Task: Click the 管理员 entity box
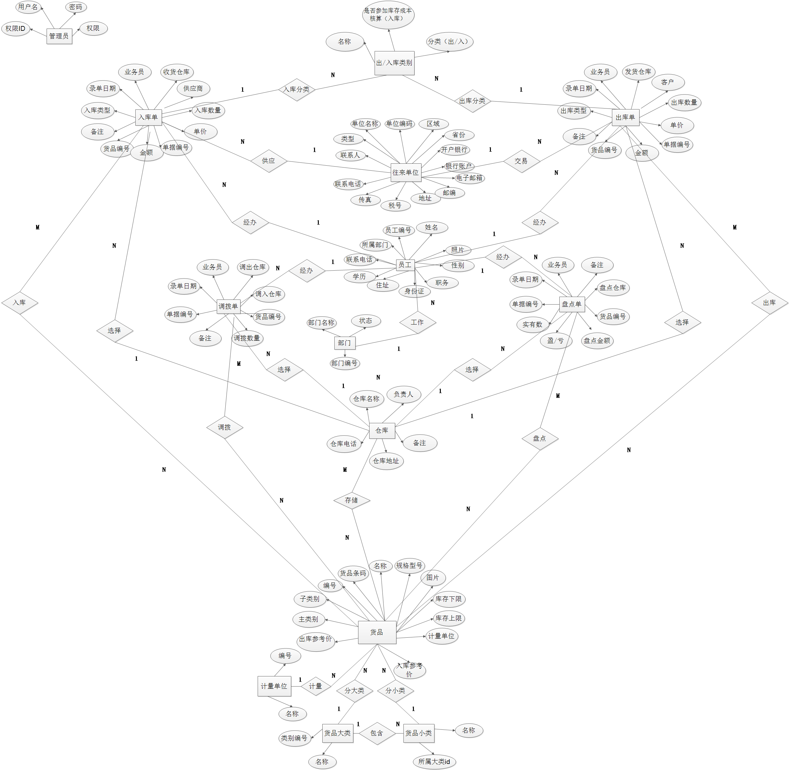59,36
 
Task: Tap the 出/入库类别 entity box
394,63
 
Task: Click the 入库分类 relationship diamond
297,89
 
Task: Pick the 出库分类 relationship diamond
472,101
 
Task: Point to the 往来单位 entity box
406,172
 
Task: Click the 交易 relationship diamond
521,161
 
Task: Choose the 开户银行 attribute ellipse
454,150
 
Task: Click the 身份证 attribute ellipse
414,291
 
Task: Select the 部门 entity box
344,343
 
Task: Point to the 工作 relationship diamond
417,322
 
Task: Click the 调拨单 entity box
228,306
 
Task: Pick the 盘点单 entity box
572,304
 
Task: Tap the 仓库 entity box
382,430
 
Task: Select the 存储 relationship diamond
351,500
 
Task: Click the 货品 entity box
377,632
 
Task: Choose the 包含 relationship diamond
377,733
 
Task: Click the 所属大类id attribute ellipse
434,761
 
